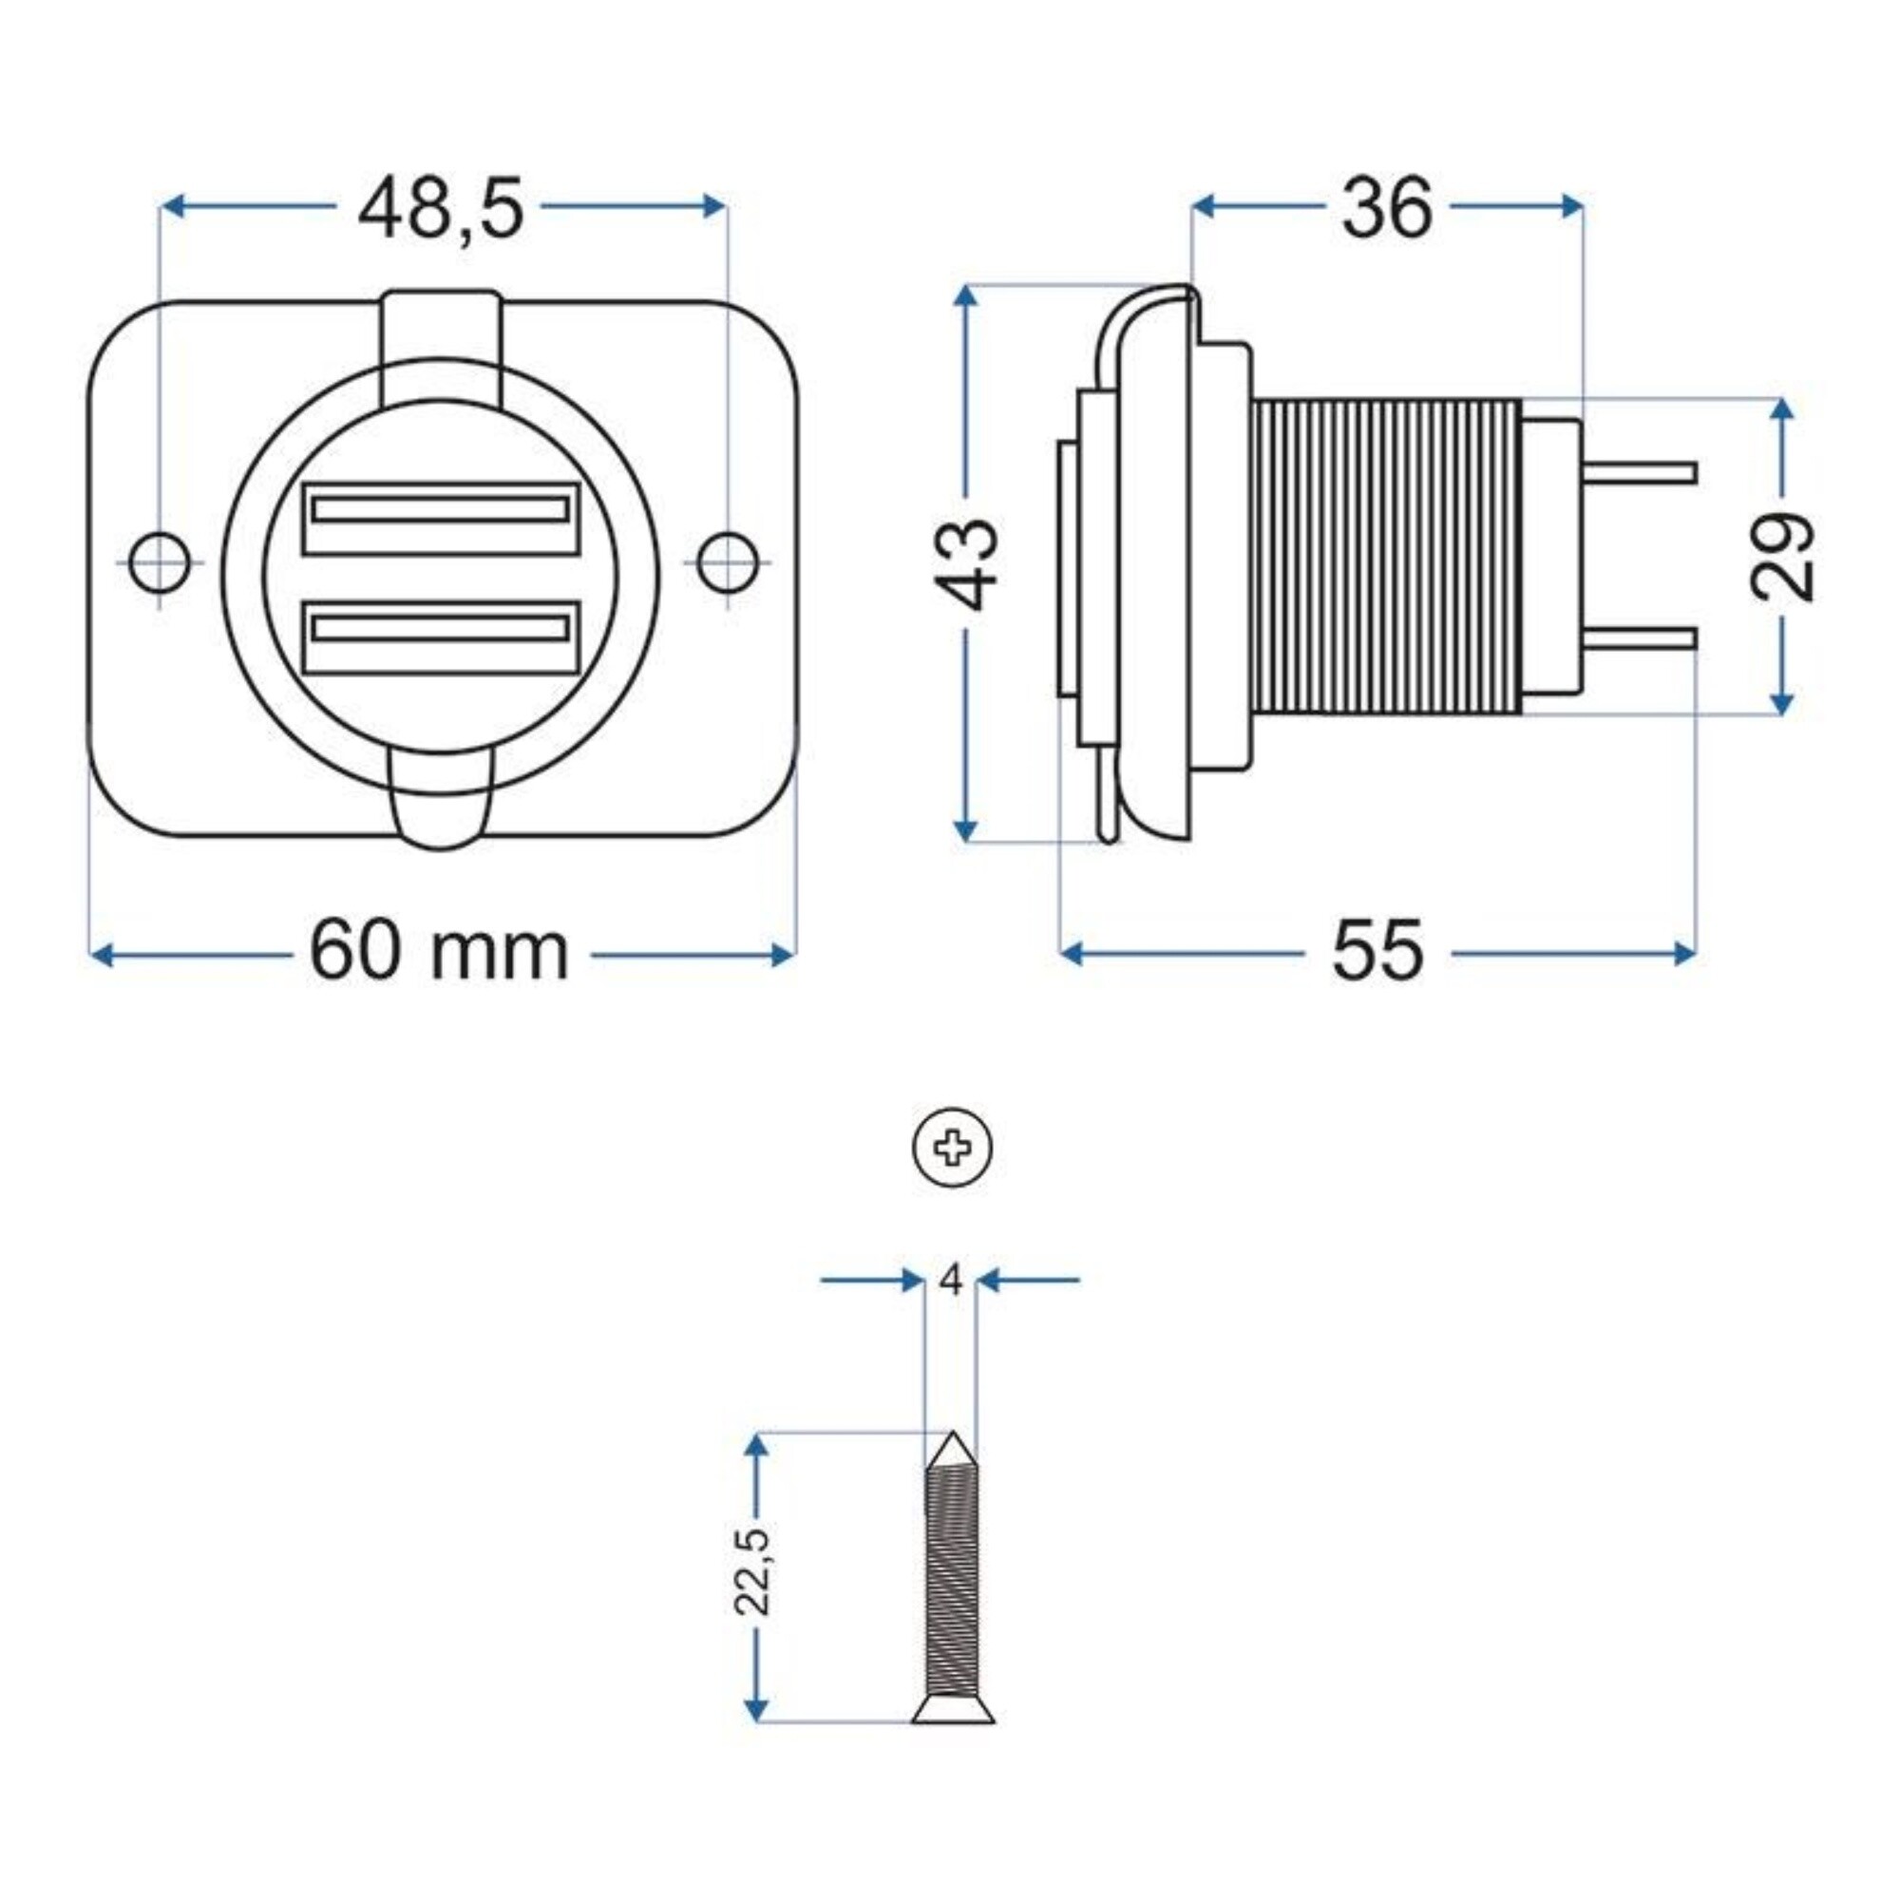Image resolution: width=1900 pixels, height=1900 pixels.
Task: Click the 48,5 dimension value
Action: [x=440, y=209]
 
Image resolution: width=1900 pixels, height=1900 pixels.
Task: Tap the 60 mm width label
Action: [x=440, y=951]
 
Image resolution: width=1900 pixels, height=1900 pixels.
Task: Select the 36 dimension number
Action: [x=1387, y=209]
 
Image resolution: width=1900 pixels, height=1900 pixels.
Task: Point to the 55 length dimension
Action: [x=1377, y=951]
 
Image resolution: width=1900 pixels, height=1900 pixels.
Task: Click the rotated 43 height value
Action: [x=967, y=564]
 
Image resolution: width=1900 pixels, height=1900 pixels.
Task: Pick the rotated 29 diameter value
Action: [x=1783, y=556]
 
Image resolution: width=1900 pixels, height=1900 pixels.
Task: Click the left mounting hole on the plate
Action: [x=160, y=561]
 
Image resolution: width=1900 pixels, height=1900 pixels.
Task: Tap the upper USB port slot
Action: [x=440, y=509]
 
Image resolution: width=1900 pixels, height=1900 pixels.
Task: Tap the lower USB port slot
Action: [x=440, y=630]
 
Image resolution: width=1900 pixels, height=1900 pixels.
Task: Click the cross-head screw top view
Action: [x=952, y=1148]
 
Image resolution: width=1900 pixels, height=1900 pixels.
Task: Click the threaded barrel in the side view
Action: [x=1387, y=556]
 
